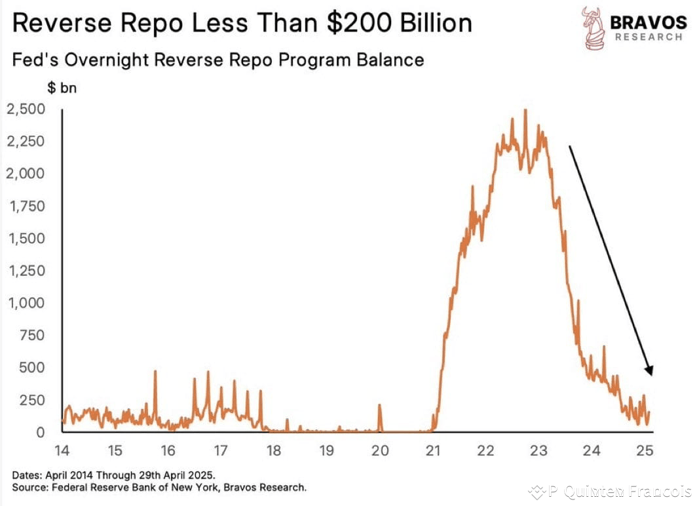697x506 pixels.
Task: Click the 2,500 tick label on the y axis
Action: click(26, 109)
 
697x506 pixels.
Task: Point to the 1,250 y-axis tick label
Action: click(26, 270)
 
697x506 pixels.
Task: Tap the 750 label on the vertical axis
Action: click(31, 335)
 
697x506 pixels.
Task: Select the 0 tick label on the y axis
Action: click(41, 432)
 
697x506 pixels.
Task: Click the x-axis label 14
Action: click(62, 451)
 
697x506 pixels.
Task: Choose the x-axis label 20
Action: click(379, 451)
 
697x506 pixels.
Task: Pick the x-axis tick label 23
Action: click(538, 451)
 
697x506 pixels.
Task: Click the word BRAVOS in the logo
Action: click(648, 22)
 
